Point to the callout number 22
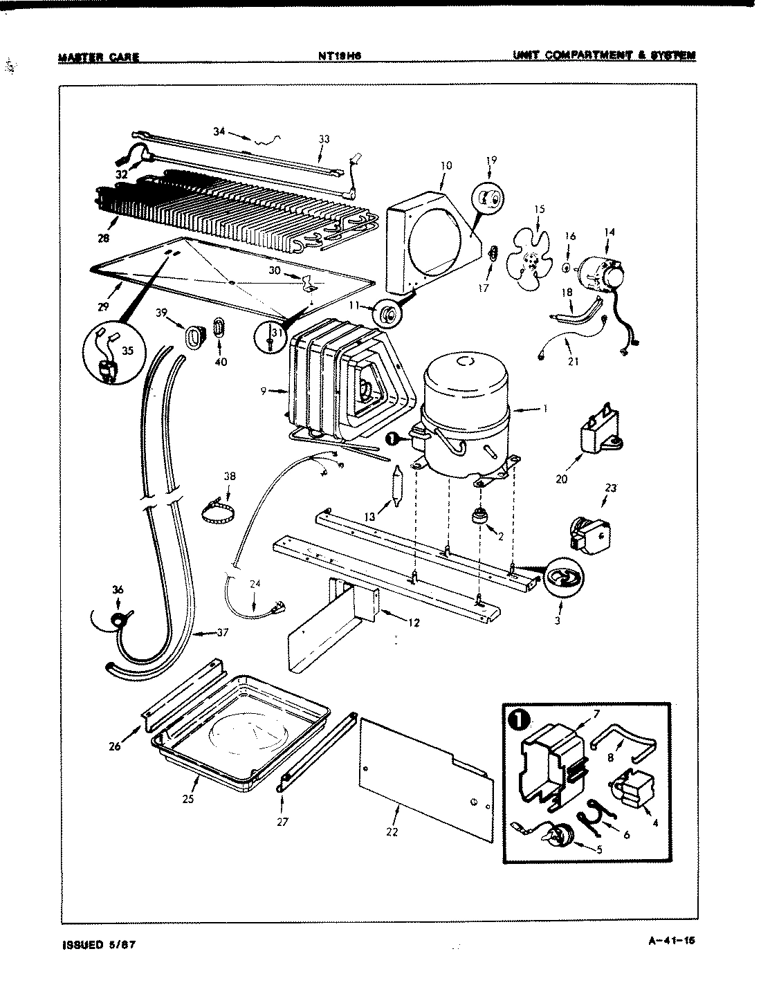(392, 831)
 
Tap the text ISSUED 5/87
(96, 945)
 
